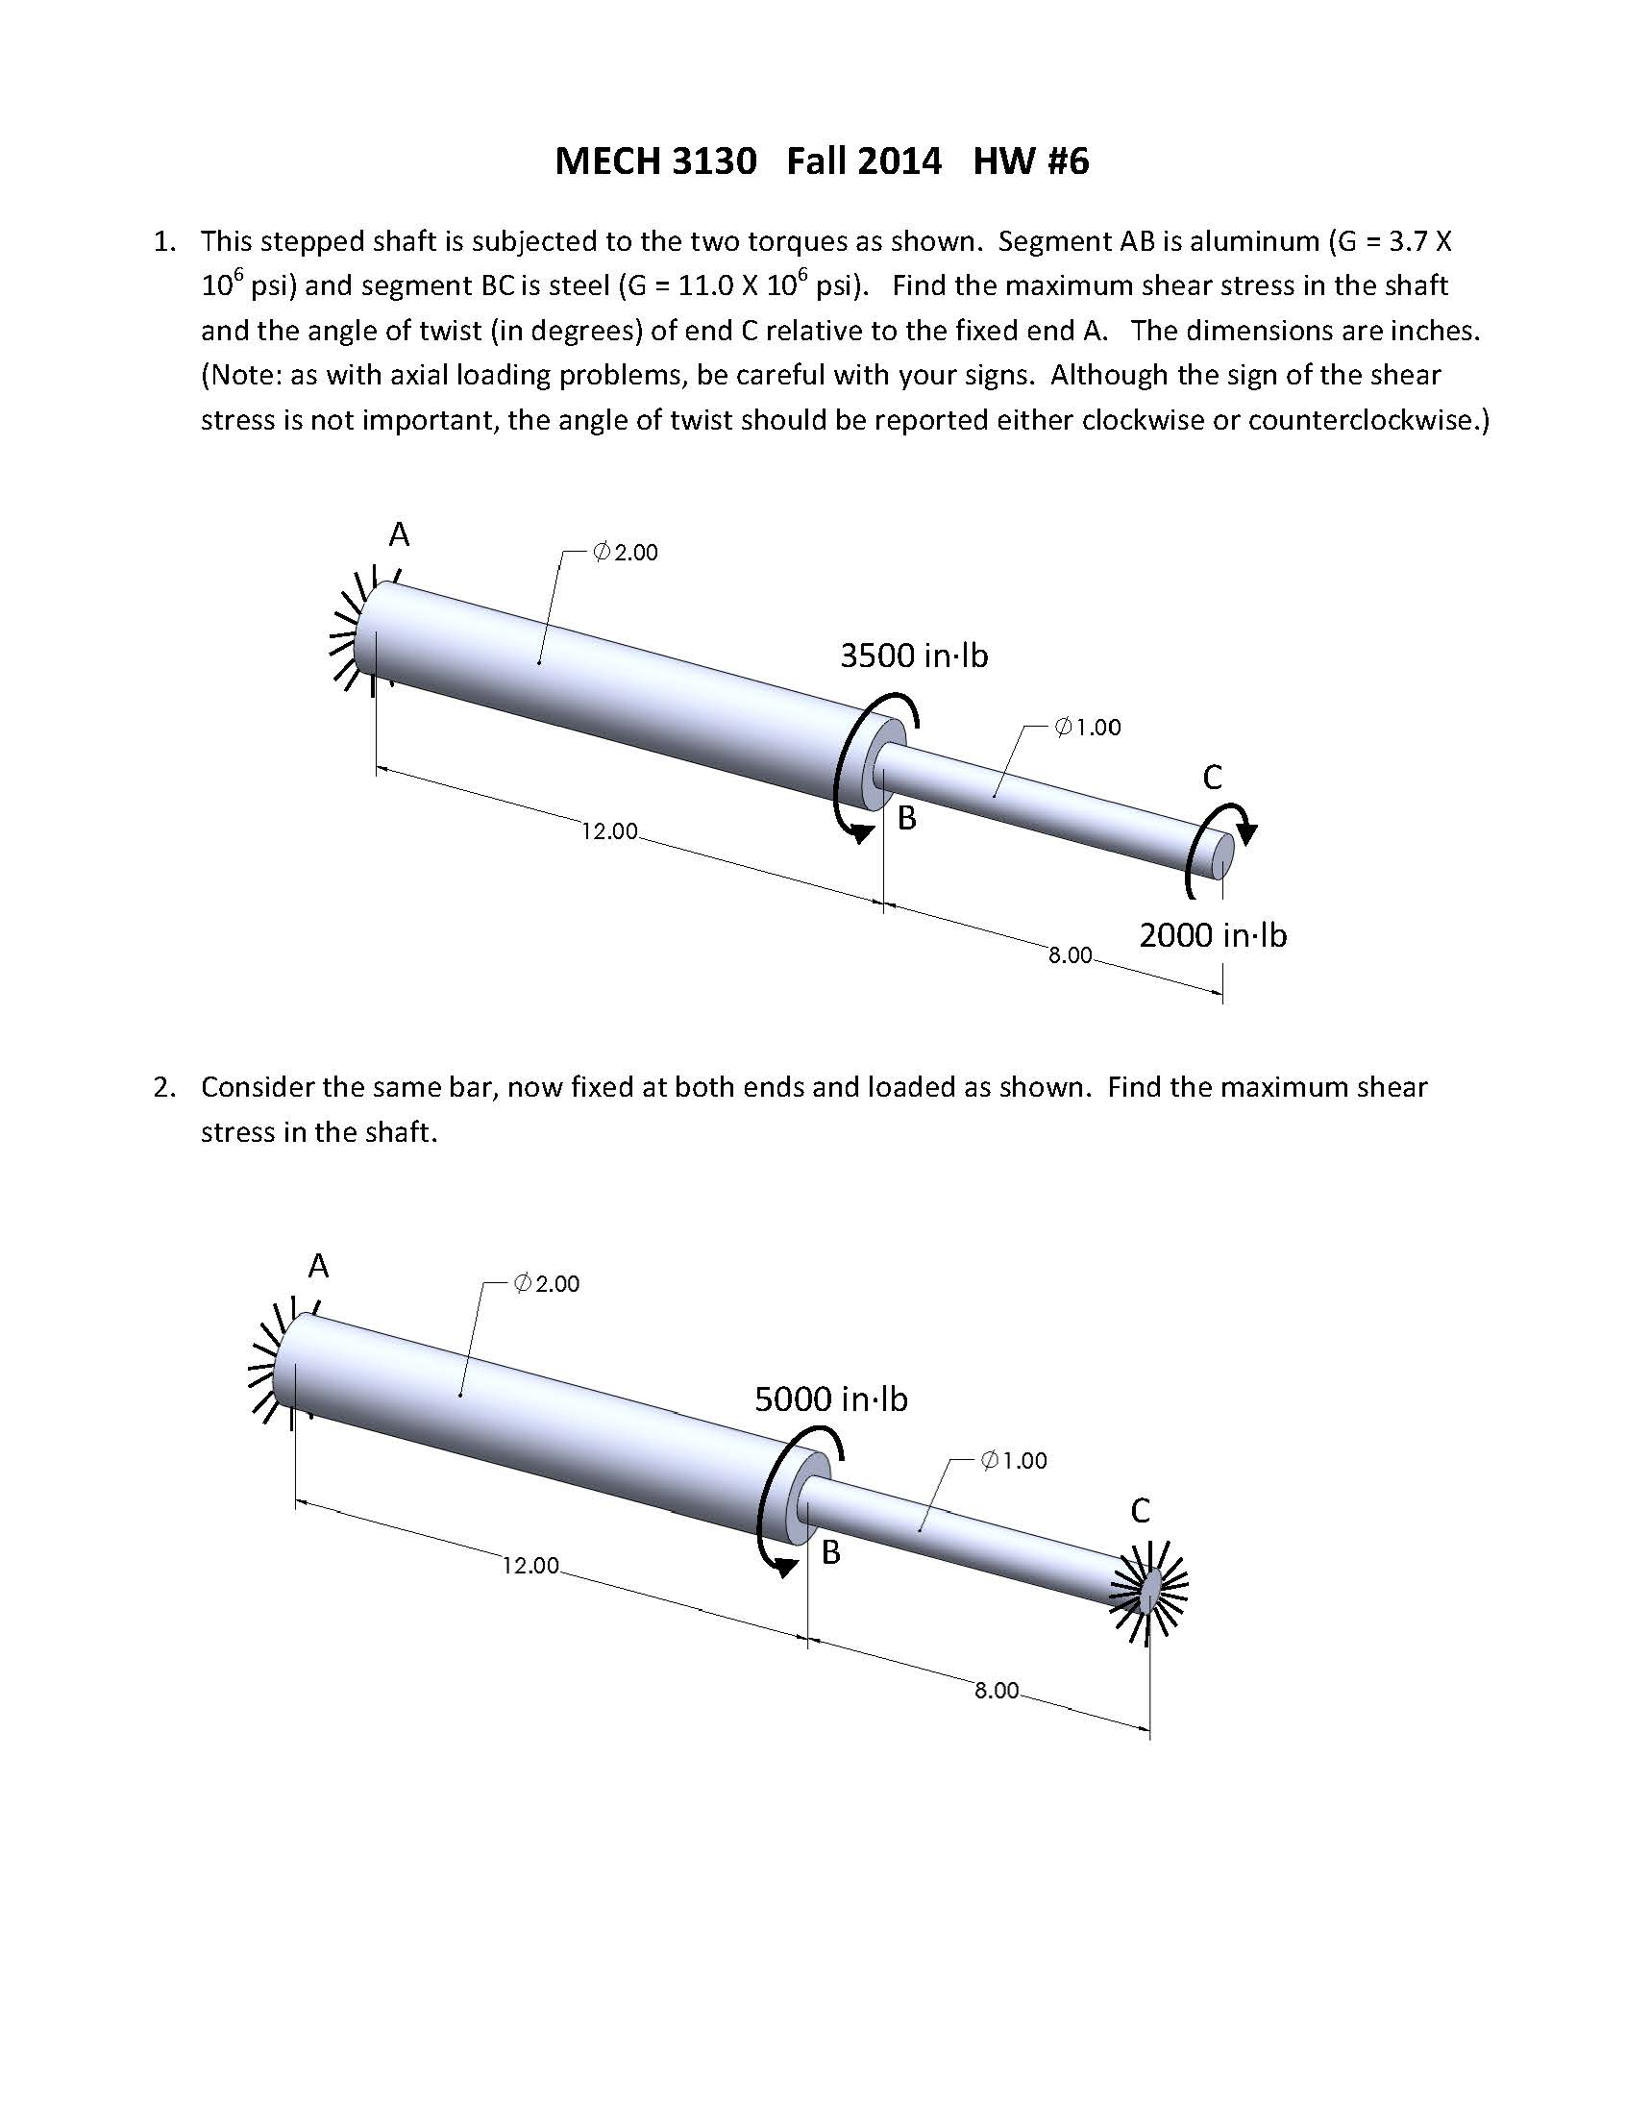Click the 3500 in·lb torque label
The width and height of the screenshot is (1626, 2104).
913,656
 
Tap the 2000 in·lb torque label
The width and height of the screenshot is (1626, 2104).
1212,934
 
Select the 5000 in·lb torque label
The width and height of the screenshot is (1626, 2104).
830,1399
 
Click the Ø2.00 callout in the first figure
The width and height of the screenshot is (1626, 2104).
626,552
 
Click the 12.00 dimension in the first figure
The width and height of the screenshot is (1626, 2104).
608,831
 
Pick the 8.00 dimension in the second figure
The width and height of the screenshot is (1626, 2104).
996,1691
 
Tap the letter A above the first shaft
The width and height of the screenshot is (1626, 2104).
399,533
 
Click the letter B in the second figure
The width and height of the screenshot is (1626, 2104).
830,1552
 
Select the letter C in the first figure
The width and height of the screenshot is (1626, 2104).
1212,778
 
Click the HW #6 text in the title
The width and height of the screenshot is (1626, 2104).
1030,161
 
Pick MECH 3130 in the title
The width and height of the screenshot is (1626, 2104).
655,161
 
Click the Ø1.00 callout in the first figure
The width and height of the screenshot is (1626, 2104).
1088,728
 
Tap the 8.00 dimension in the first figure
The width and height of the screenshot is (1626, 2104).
1071,954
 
